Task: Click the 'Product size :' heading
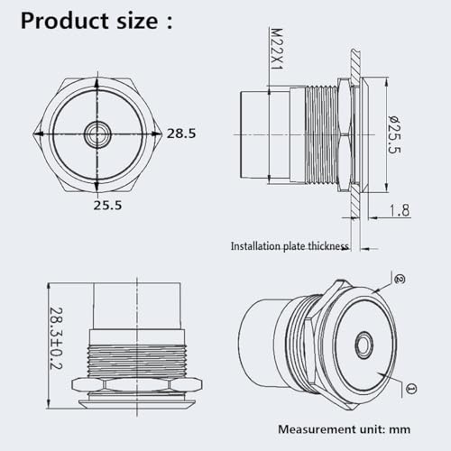point(97,21)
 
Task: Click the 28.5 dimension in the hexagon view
point(181,133)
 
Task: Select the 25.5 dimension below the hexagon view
point(107,205)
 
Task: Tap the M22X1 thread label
point(277,49)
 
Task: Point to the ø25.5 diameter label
point(394,134)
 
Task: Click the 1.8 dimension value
point(400,210)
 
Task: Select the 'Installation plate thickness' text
point(290,246)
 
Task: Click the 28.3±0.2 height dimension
point(56,338)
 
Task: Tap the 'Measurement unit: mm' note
point(344,429)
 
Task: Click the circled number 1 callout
point(411,389)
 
